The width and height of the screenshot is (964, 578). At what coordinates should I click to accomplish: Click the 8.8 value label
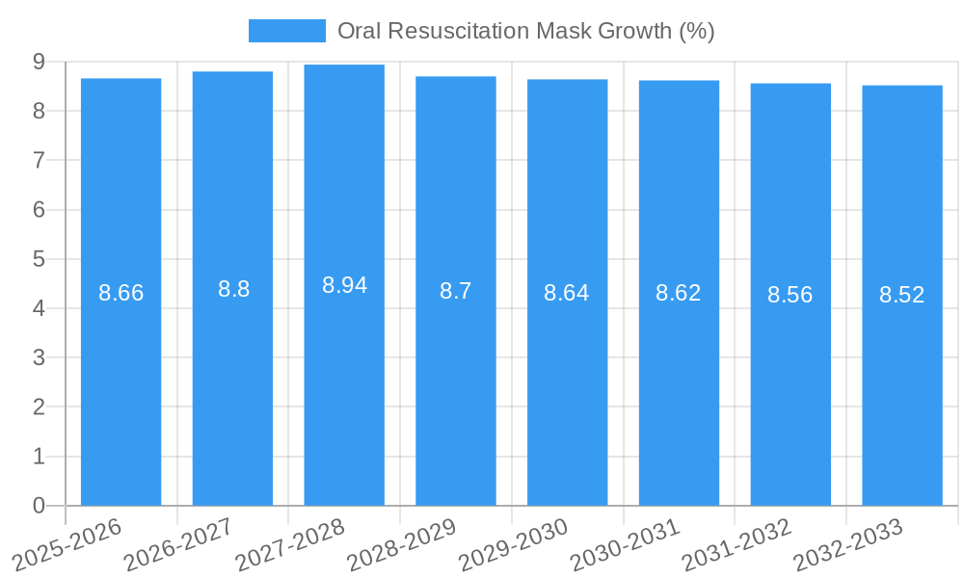(x=233, y=289)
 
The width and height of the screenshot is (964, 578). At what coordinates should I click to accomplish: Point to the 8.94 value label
(x=344, y=285)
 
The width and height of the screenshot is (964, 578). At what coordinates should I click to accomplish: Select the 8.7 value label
(x=455, y=291)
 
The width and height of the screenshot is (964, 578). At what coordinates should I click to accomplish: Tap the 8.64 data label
(x=567, y=293)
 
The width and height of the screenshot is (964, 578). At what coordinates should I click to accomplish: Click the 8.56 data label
(x=790, y=295)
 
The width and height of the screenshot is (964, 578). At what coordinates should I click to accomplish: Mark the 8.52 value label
(x=902, y=295)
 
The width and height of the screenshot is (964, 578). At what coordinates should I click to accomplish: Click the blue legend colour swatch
(x=286, y=31)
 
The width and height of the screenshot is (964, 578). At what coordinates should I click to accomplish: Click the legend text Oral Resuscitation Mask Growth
(x=525, y=31)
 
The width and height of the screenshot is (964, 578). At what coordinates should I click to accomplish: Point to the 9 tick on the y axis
(x=39, y=62)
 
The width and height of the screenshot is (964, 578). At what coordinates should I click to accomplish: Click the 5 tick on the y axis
(x=39, y=259)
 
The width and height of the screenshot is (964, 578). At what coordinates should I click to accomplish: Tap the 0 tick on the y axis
(x=39, y=506)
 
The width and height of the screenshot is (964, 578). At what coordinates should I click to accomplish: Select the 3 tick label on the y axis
(x=39, y=357)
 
